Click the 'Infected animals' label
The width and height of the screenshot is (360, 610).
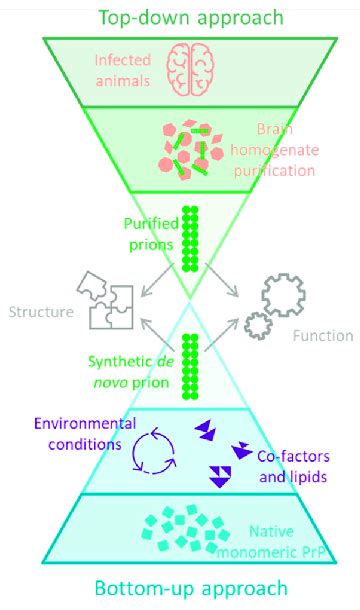pyautogui.click(x=119, y=68)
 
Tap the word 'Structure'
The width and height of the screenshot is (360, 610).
pyautogui.click(x=40, y=312)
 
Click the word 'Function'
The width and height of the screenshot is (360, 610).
pyautogui.click(x=322, y=336)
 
